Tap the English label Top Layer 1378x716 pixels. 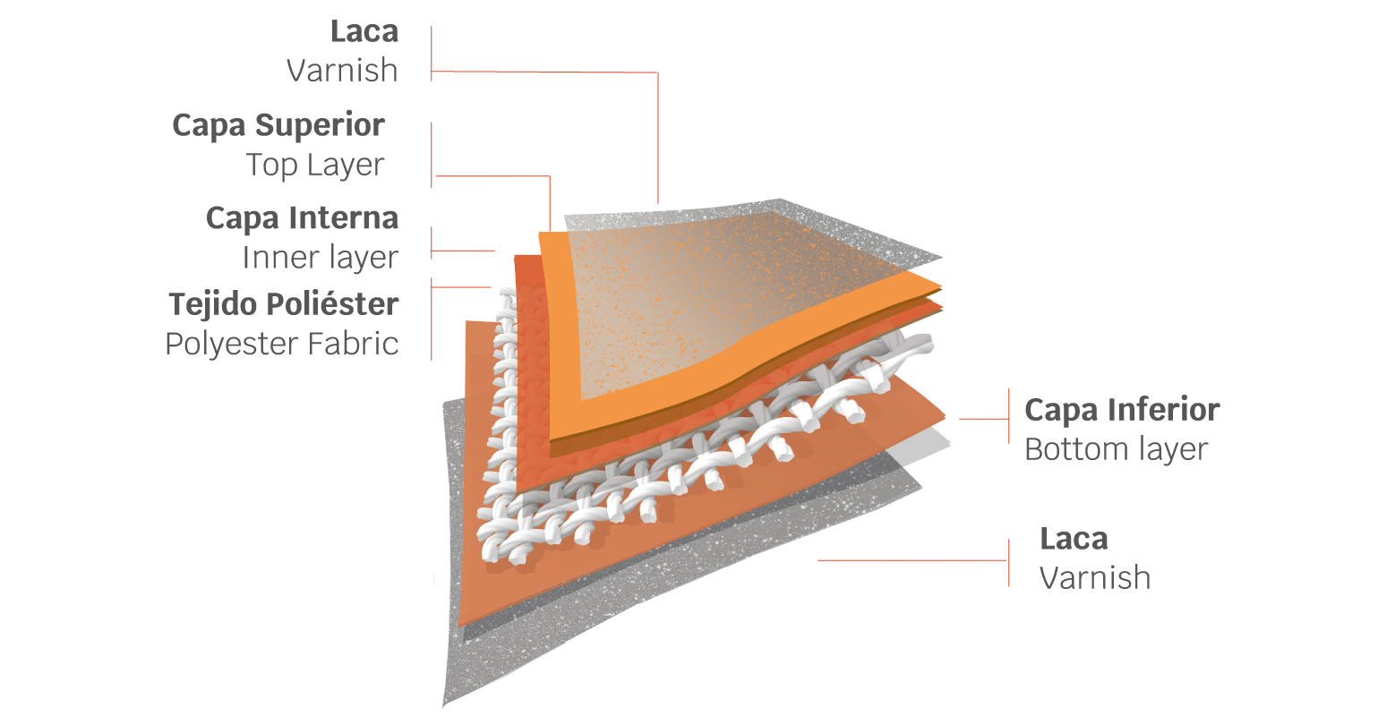[315, 165]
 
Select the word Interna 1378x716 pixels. [344, 217]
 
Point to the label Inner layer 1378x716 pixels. [321, 258]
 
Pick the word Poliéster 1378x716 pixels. [333, 304]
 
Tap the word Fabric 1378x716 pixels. [353, 344]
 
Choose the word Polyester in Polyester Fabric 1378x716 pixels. [232, 345]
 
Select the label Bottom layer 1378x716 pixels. [1116, 449]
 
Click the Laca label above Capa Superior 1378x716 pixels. [364, 31]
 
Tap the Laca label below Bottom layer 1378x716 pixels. [1074, 539]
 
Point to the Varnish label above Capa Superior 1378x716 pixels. [342, 70]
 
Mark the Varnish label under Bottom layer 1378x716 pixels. [1095, 577]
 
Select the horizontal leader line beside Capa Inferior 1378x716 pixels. [984, 419]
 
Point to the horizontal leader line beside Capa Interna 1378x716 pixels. [463, 251]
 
